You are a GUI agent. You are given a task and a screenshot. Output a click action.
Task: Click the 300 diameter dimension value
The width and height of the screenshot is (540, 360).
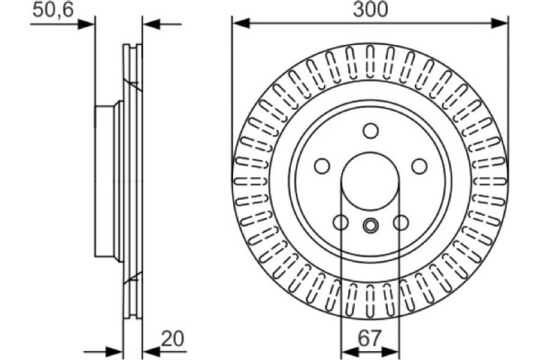tap(371, 10)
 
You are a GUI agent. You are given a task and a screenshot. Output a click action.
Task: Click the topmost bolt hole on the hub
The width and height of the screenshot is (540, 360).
tap(370, 130)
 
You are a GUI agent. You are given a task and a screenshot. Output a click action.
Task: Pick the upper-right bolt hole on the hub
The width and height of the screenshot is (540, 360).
tap(418, 166)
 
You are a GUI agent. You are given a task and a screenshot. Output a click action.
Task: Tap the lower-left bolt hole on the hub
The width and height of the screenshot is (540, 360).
tap(340, 221)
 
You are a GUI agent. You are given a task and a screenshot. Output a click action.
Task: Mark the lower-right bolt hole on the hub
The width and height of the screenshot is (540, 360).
tap(400, 221)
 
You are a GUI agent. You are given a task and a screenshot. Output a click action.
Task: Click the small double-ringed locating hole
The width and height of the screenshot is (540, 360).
tap(370, 226)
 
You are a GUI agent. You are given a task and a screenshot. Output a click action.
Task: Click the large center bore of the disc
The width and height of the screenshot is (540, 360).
tap(370, 180)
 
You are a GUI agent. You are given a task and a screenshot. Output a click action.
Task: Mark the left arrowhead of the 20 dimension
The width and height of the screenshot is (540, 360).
tap(117, 349)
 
